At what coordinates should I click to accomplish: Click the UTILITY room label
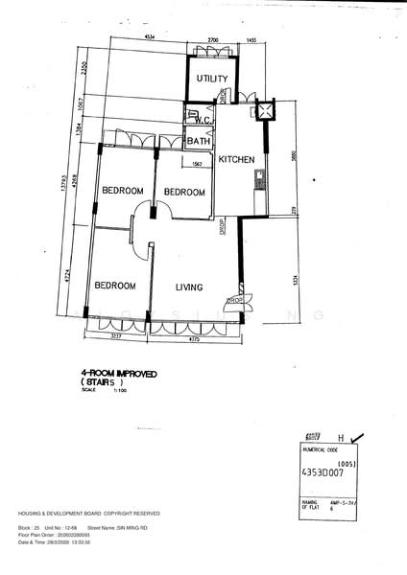pos(212,79)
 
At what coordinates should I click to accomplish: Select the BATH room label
pos(200,142)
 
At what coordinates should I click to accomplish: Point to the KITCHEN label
pos(235,159)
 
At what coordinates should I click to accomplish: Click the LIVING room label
pos(194,286)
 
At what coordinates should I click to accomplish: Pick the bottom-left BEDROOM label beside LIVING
pos(114,286)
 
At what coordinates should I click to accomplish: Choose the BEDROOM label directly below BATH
pos(184,193)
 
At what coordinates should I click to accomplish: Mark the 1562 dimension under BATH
pos(196,164)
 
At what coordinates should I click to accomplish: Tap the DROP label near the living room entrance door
pos(232,301)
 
